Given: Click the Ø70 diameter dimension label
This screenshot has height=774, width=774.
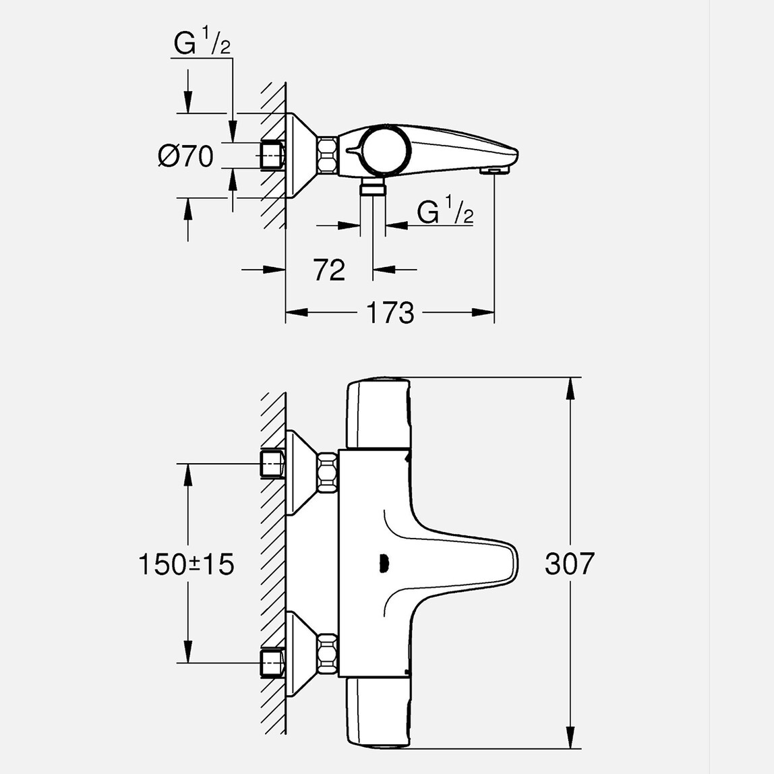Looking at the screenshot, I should (185, 156).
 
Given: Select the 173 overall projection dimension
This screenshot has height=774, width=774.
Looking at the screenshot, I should (390, 313).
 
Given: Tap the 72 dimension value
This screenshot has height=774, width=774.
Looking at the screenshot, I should (329, 270).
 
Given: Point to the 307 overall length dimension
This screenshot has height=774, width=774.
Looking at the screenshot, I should (570, 564).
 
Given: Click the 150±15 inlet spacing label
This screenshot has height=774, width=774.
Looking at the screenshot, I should (186, 564).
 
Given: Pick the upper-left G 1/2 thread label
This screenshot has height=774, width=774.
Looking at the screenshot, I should (202, 45).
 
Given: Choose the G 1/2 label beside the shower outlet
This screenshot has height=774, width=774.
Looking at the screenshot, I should (445, 213).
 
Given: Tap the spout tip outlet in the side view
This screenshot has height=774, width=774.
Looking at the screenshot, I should (494, 171).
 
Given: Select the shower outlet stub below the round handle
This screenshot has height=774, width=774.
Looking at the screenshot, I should (372, 188).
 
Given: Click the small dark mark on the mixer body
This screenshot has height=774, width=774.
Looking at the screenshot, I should (384, 562).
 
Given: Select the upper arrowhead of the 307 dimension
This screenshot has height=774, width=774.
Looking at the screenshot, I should (571, 387).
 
